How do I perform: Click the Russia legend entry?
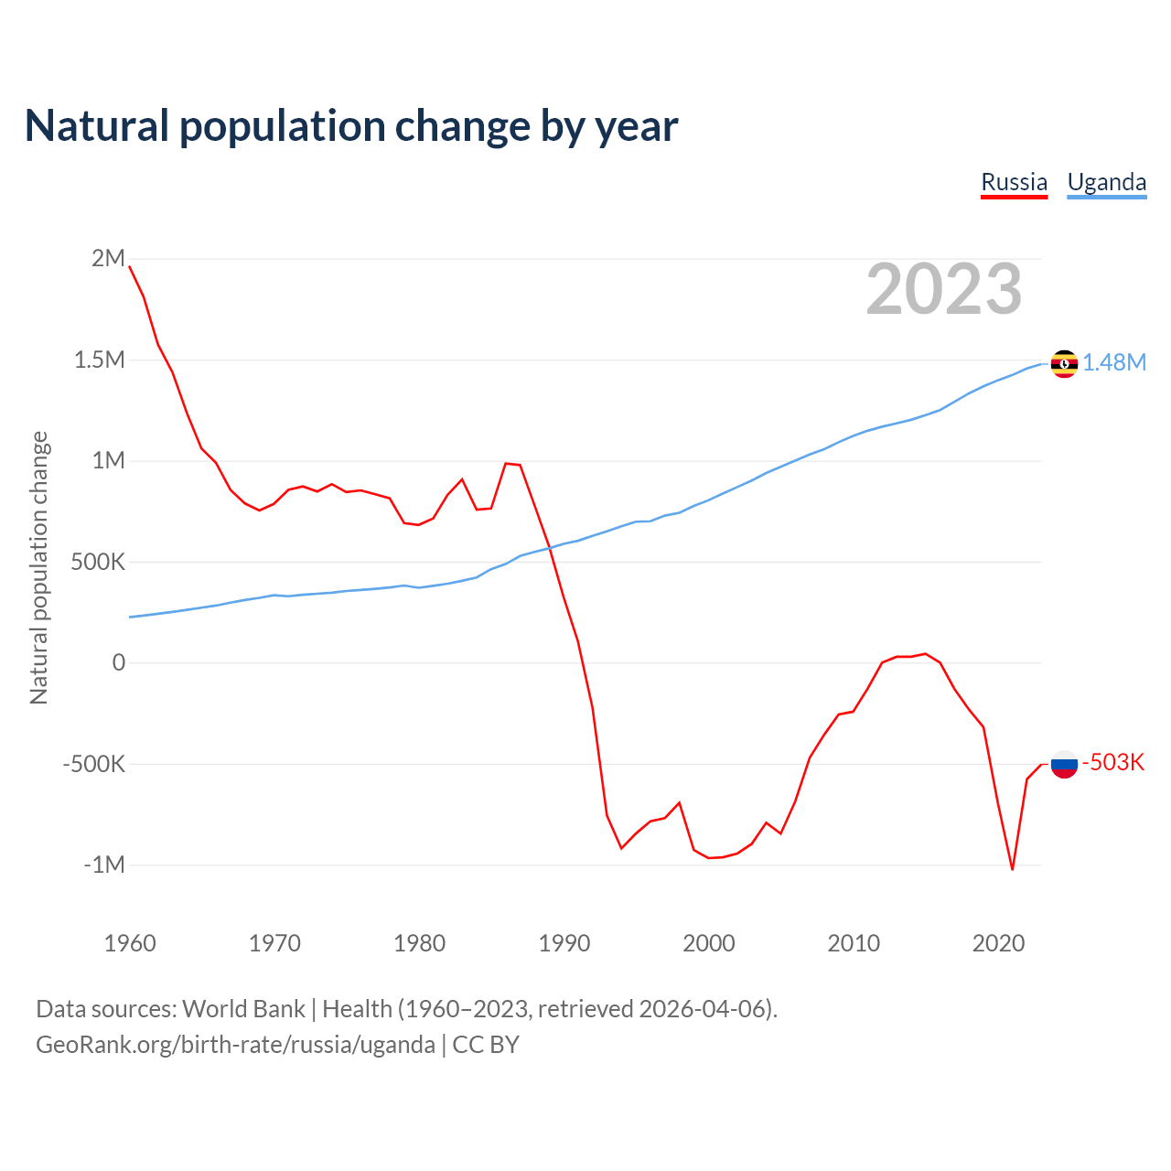1014,182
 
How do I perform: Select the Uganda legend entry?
1106,182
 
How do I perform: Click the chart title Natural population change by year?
351,125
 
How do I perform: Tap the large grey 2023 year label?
943,289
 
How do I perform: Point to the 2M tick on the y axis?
108,258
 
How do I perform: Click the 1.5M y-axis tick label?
99,360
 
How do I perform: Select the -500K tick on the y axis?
93,764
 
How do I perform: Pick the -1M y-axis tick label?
103,865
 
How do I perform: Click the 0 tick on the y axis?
119,662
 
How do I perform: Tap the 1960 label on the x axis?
130,943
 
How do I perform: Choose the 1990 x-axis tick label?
564,943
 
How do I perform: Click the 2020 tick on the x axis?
998,943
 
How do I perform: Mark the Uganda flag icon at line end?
1064,363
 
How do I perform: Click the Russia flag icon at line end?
1064,763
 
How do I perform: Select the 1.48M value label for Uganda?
1114,363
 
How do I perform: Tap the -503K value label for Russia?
1113,763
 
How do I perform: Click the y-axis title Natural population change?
38,568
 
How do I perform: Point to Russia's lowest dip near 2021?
1012,868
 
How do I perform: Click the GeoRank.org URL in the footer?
235,1045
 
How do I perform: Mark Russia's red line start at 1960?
130,266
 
